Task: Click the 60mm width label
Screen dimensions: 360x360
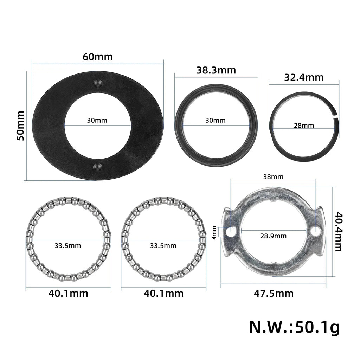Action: click(x=98, y=57)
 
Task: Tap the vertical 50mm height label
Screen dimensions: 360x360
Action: click(x=21, y=126)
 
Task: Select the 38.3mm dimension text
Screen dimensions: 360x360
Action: click(x=216, y=70)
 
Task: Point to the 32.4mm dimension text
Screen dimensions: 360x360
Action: click(x=304, y=77)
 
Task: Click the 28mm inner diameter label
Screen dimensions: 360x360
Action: click(x=304, y=126)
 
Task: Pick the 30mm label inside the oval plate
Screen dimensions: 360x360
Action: click(x=97, y=120)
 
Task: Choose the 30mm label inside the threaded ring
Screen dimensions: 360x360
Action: click(x=216, y=120)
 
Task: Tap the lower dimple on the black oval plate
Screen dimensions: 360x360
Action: click(x=98, y=167)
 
